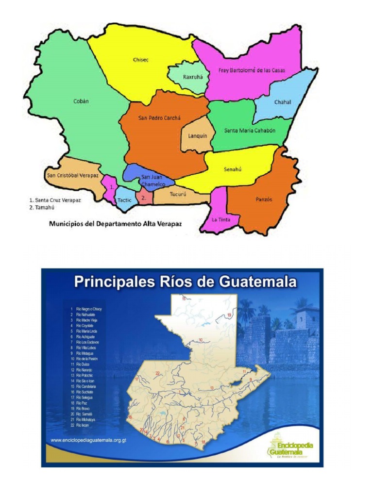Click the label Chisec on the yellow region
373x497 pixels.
coord(140,60)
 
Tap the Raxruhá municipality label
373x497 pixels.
coord(193,76)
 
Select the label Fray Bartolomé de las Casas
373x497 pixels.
coord(252,70)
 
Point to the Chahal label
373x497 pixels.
coord(282,102)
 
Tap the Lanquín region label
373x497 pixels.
coord(197,136)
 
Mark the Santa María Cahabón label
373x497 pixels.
coord(250,130)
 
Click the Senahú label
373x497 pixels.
coord(233,170)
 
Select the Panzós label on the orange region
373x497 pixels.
coord(264,199)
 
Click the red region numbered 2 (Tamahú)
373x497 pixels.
coord(144,198)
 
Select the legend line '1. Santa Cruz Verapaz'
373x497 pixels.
coord(55,200)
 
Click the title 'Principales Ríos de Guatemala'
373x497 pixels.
coord(185,282)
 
